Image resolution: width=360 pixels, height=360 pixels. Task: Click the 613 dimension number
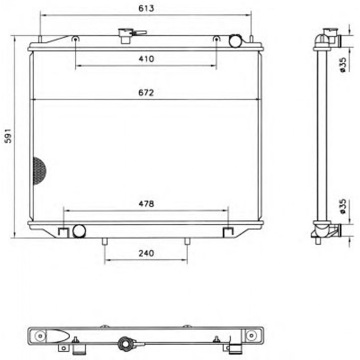[146, 8]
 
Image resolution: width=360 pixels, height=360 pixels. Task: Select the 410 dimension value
[146, 59]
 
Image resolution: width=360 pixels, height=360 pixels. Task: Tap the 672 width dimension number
[146, 93]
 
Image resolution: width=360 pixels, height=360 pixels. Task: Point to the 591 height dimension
[8, 136]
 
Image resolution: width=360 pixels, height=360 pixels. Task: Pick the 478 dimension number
[146, 203]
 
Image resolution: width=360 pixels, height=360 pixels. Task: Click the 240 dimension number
[146, 253]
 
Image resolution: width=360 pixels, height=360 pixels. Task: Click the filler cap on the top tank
[126, 36]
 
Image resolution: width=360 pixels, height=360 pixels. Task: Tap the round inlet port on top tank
[235, 41]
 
